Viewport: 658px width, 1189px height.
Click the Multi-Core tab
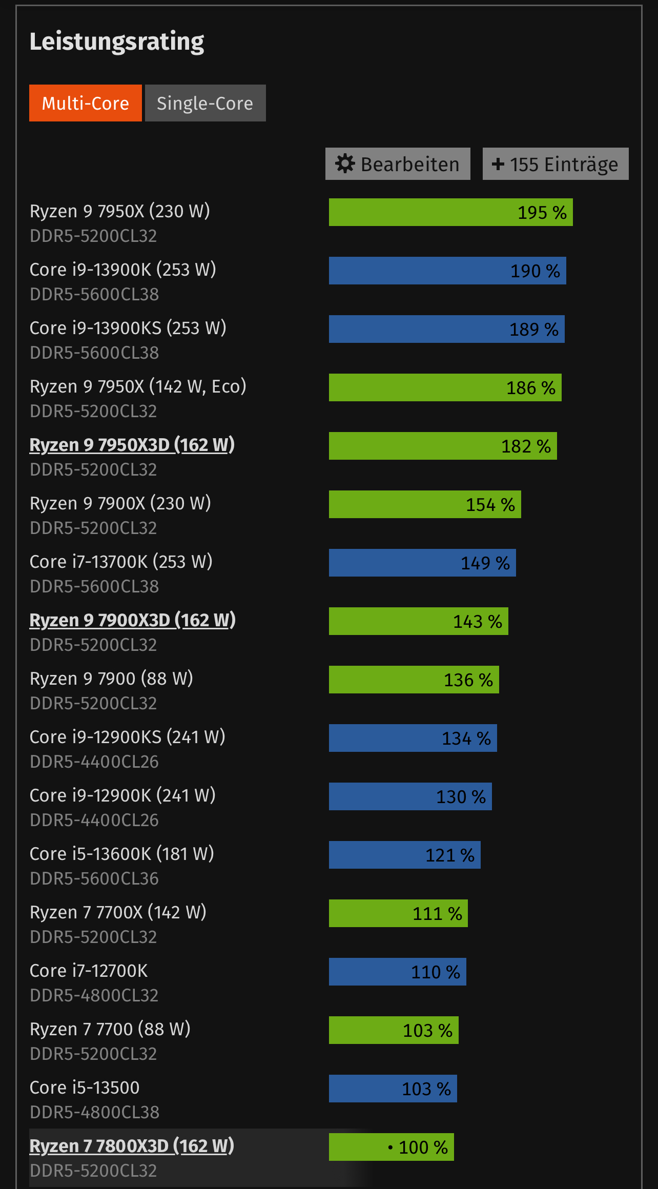point(86,103)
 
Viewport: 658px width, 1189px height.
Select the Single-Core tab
point(205,103)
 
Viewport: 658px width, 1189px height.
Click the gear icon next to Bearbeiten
point(345,164)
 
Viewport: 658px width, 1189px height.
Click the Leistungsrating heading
point(117,42)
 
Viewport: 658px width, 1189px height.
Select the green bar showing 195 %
point(450,212)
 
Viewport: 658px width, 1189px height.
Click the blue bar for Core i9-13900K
point(447,271)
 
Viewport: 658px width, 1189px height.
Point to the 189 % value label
point(533,330)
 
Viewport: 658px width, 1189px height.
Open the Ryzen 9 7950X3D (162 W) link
point(132,445)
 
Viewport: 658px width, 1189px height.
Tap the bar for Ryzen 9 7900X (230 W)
point(424,504)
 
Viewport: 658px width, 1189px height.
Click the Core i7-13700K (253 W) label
point(121,562)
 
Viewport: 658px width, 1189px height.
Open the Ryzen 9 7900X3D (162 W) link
point(132,620)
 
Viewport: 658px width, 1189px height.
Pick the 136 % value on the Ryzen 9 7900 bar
point(468,680)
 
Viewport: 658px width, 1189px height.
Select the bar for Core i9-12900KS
point(413,738)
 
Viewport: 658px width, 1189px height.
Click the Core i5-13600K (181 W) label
point(122,854)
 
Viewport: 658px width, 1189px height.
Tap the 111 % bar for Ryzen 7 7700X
point(398,913)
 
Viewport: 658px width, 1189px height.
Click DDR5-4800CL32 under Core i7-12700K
point(94,995)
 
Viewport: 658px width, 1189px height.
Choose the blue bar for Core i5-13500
point(393,1089)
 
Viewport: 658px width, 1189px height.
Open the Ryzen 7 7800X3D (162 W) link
point(132,1146)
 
